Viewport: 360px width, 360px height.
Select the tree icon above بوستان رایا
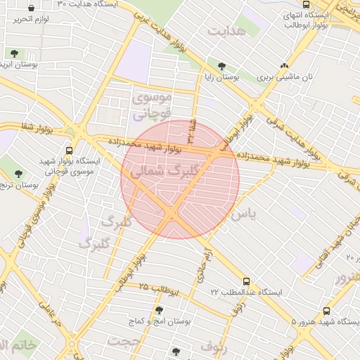point(221,66)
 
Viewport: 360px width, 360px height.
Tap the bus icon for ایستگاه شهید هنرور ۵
point(326,310)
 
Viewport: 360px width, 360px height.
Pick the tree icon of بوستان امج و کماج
point(159,309)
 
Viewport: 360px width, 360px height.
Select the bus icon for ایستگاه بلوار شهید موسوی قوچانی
point(69,150)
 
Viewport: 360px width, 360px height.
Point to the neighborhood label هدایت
point(226,31)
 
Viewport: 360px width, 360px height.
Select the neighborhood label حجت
point(124,340)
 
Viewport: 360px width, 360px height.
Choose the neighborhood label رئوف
point(214,345)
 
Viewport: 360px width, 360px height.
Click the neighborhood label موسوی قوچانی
point(151,104)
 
